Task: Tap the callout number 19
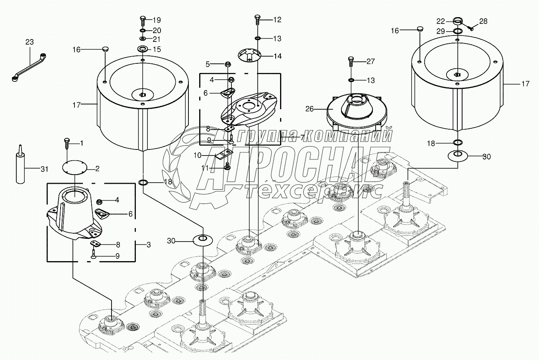pos(157,20)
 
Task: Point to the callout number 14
pos(277,56)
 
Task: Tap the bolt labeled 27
pos(351,61)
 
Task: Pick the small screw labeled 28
pos(470,28)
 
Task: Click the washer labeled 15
pos(143,49)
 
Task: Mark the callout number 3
pos(148,245)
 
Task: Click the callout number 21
pos(157,39)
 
